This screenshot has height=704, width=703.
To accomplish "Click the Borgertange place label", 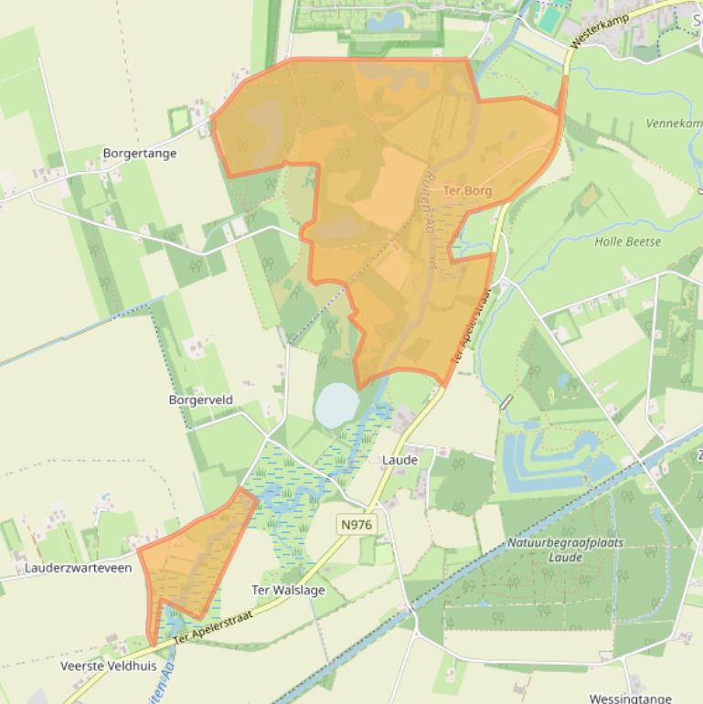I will point(140,154).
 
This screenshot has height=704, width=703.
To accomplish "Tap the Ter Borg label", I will point(467,191).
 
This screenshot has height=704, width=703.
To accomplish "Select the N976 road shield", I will point(356,524).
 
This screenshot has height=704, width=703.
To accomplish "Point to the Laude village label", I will point(400,460).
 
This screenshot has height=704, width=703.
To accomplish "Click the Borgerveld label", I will point(201,400).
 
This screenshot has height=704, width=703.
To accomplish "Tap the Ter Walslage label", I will point(288,591).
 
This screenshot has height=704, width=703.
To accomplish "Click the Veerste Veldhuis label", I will point(108,666).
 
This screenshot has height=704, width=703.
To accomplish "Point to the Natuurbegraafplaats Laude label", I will point(565,549).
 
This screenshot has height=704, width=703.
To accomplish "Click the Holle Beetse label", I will point(627,241).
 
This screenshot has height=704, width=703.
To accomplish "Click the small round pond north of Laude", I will point(336,404).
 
